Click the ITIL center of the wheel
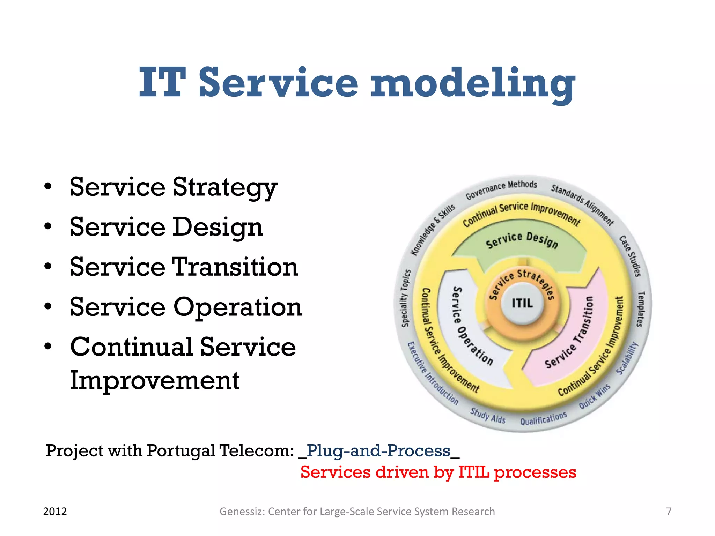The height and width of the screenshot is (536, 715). coord(522,303)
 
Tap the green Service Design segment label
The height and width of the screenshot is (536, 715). coord(522,240)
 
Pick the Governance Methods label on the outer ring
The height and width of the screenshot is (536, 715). coord(501,189)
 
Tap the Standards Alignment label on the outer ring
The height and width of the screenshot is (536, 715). coord(582,204)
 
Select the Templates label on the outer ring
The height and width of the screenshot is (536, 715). coord(640,309)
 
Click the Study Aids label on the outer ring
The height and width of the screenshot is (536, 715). coord(488,416)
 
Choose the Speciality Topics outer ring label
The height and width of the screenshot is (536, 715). coord(405,298)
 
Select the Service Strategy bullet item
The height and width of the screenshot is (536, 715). coord(173,187)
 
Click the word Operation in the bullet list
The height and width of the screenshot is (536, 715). coord(238,307)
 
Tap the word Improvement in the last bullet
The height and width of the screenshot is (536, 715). coord(154,380)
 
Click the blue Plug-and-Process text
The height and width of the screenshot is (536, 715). coord(378,451)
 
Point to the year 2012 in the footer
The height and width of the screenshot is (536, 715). coord(55,512)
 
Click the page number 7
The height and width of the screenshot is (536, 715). coord(669,512)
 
